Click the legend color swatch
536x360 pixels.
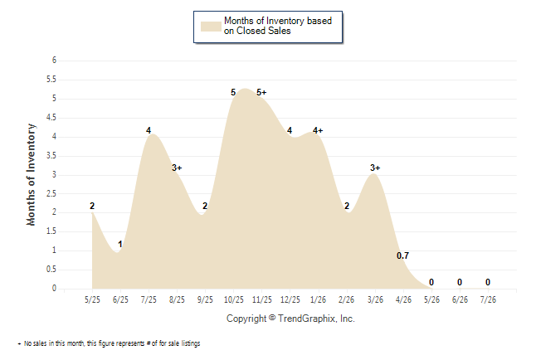click(211, 27)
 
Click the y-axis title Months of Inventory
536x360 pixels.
click(31, 175)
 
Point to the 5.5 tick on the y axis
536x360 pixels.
click(51, 80)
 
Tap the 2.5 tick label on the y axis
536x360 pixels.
click(51, 193)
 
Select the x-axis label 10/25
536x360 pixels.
click(234, 299)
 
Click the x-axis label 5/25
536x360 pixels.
click(92, 299)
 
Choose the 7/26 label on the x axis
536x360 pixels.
click(488, 299)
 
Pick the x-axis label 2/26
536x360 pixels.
click(346, 299)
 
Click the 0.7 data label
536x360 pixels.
click(402, 255)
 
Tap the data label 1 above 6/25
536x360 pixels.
click(120, 244)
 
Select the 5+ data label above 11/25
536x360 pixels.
click(261, 92)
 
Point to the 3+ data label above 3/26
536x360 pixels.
click(375, 168)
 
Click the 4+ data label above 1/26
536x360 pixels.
click(318, 130)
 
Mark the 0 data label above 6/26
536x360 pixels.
click(460, 282)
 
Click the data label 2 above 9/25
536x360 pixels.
click(205, 206)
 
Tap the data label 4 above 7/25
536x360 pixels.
click(149, 130)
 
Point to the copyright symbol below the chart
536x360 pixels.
click(272, 318)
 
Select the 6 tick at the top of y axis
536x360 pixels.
click(54, 61)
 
